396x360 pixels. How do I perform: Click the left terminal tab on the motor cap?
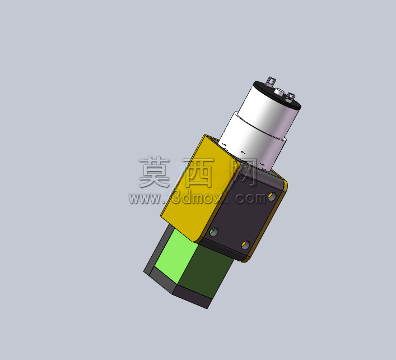tap(271, 82)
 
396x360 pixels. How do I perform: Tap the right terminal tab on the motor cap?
tap(291, 98)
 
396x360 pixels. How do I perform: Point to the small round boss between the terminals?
tap(279, 91)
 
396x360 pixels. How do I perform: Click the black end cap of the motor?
tap(277, 95)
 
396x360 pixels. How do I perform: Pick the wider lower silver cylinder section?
tap(252, 143)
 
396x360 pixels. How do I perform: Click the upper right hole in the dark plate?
tap(272, 196)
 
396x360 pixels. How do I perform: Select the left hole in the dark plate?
tap(213, 232)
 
